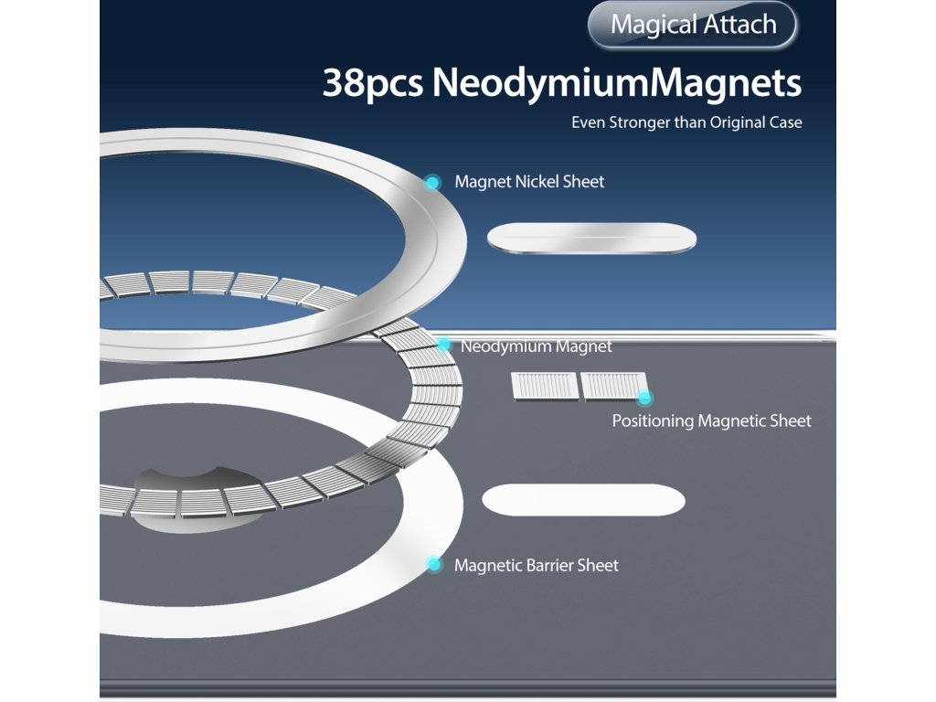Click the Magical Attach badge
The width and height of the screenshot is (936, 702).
pos(693,25)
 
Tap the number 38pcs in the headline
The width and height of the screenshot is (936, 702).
pos(373,84)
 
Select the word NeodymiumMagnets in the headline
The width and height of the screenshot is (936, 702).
pos(617,84)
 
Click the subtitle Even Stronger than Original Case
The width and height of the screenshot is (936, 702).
pos(686,122)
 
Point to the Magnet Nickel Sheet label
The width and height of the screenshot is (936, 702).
pos(529,182)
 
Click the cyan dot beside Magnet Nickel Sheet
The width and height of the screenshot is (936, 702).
pos(432,183)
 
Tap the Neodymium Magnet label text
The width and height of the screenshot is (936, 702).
pos(537,346)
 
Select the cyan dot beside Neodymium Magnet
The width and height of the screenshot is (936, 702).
pos(444,345)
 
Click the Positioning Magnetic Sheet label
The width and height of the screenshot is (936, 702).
pos(711,421)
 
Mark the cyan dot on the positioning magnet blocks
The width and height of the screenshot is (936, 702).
pos(644,398)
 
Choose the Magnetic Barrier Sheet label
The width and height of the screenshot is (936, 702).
pos(537,566)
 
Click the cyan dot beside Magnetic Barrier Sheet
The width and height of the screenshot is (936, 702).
pos(434,565)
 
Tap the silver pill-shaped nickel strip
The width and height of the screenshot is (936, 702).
pos(591,239)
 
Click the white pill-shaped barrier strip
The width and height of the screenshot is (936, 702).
pos(583,499)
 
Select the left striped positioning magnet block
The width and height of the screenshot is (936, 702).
pos(545,387)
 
